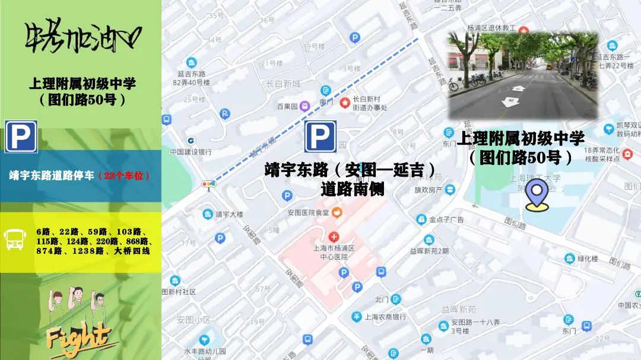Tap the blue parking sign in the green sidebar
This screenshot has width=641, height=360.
point(21,136)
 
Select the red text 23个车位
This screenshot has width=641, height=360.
point(123,176)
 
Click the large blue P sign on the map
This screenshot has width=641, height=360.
point(320,136)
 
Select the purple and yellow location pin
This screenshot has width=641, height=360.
point(537,197)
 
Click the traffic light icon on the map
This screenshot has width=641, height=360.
point(208,184)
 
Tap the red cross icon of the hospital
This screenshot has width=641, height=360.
point(334,237)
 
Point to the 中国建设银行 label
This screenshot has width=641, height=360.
point(191,152)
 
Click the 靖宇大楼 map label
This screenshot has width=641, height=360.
point(230,214)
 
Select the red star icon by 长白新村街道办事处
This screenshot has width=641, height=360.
point(345,103)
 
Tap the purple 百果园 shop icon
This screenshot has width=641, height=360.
point(304,107)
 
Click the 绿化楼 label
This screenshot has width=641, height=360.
point(589,259)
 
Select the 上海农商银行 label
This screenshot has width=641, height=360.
point(386,317)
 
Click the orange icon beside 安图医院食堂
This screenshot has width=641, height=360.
point(338,212)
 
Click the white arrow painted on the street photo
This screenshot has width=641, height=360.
point(509,102)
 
